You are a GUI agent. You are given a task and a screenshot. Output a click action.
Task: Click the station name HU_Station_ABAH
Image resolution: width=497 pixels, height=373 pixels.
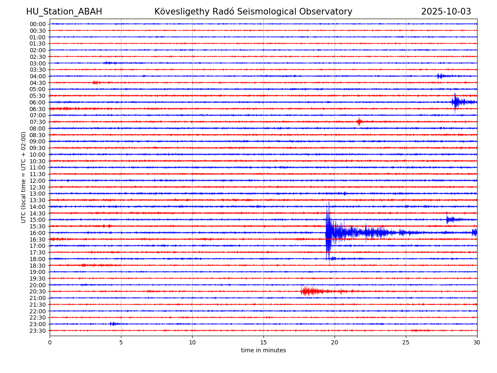pos(64,12)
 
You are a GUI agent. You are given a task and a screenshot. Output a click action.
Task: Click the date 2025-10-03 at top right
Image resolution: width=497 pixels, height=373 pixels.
pos(446,12)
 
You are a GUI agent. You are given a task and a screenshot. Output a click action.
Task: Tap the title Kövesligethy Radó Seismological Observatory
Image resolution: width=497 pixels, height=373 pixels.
pos(253,12)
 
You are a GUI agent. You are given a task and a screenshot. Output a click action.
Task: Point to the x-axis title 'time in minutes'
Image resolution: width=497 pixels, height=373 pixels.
pos(263,351)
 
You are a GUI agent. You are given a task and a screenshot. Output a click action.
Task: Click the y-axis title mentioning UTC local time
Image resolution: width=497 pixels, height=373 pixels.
pos(24,177)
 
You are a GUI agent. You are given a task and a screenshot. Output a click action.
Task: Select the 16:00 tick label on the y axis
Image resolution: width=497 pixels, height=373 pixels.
pos(38,233)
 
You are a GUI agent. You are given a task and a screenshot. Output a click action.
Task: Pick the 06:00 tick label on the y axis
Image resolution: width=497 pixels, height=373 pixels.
pos(38,102)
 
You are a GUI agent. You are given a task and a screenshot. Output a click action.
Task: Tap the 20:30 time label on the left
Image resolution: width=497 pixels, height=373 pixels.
pos(38,292)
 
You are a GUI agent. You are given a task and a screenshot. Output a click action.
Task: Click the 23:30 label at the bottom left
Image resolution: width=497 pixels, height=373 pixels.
pos(38,331)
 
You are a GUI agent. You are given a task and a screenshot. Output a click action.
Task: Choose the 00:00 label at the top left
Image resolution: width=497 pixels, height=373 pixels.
pos(38,24)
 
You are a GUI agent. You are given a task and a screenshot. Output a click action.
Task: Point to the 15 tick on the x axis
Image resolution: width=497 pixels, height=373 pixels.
pos(263,343)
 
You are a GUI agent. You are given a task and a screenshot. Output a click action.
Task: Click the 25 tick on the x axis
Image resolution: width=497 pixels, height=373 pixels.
pos(406,343)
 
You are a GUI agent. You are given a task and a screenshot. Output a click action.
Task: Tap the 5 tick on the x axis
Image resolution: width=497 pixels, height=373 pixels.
pos(121,343)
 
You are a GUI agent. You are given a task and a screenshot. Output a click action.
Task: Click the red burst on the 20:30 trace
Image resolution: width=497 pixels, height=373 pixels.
pos(309,291)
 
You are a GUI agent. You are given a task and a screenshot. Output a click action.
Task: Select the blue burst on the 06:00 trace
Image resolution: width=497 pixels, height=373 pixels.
pos(456,102)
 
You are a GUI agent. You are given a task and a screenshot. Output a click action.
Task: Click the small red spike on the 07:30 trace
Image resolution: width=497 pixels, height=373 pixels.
pos(359,121)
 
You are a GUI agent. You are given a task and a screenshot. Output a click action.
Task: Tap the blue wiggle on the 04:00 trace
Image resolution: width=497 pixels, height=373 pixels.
pos(440,76)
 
